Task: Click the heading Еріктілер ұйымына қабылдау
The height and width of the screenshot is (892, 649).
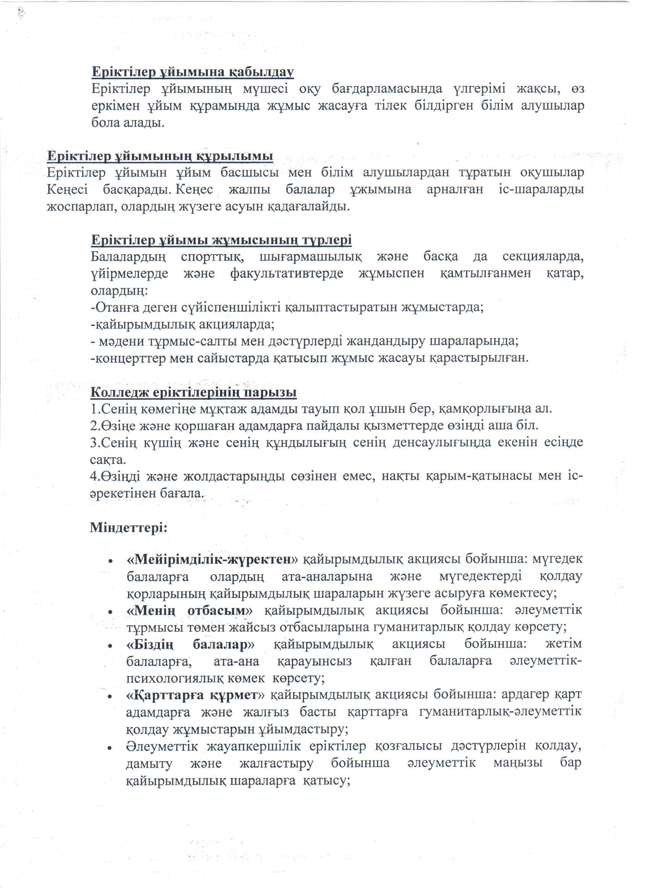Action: point(193,73)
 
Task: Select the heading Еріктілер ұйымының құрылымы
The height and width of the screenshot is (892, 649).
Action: point(160,156)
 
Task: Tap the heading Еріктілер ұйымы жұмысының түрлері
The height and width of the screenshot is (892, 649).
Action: point(221,240)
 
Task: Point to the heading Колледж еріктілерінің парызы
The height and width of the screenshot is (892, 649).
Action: point(194,392)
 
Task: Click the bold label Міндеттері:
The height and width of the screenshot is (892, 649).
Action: point(129,527)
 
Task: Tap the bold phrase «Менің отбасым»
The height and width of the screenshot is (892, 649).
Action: point(190,610)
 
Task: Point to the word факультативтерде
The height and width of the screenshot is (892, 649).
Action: point(287,274)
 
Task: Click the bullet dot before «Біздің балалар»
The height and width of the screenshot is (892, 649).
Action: point(112,646)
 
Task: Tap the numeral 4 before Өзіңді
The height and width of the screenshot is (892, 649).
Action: point(94,476)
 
